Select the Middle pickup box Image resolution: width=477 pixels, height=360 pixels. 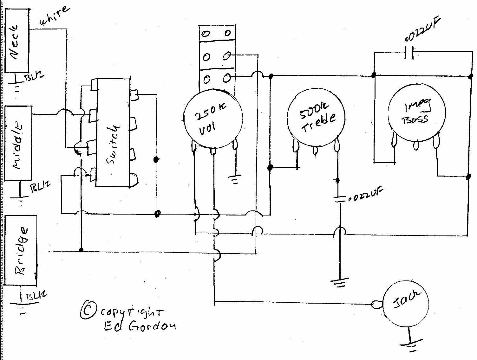[x=18, y=143]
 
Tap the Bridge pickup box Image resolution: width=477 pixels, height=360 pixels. [x=21, y=250]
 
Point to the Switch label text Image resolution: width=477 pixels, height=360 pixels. [x=113, y=144]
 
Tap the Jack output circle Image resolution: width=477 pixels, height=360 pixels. [x=406, y=304]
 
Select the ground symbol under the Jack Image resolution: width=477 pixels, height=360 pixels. [x=409, y=345]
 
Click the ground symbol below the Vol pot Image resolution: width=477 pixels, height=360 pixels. [x=235, y=180]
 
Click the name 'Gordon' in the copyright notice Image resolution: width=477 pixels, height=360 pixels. [x=152, y=327]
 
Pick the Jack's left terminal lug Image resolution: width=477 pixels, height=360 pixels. [x=376, y=305]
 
